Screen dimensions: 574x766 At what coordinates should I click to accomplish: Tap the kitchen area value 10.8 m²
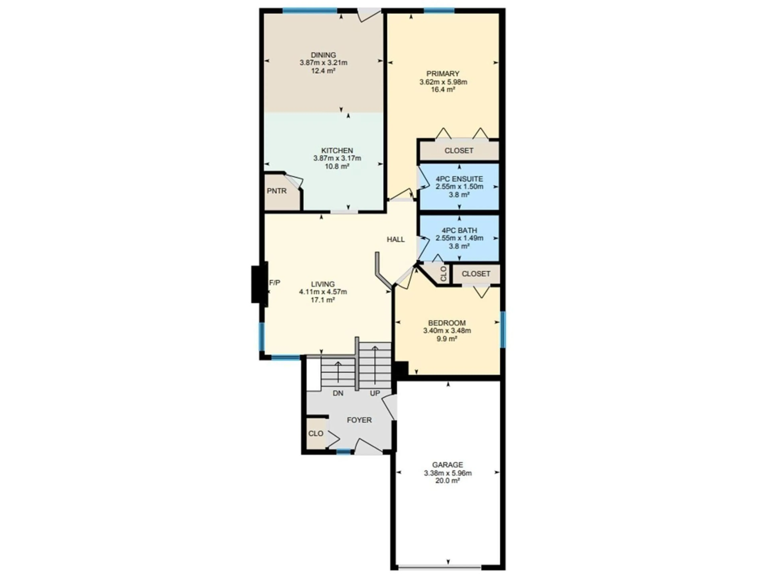click(337, 166)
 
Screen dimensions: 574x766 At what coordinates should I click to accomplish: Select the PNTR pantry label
click(277, 191)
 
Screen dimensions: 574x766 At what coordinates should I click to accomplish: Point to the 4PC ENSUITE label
click(459, 179)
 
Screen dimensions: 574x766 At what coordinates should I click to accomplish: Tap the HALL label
click(395, 239)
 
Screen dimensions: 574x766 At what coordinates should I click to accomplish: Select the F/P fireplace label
click(275, 283)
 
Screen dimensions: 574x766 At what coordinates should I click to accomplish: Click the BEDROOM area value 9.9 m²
click(447, 339)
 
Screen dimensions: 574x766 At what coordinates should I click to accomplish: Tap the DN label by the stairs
click(338, 393)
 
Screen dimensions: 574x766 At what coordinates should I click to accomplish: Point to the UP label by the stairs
click(375, 393)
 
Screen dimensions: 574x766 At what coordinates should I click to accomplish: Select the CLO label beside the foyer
click(316, 433)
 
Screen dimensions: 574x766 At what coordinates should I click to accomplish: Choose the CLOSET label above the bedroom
click(476, 274)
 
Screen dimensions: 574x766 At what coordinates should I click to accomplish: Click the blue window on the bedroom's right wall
click(503, 329)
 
